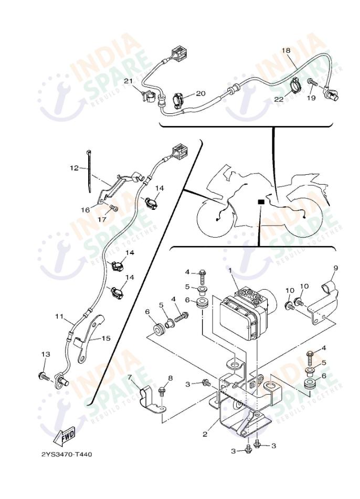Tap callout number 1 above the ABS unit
229,269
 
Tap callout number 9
335,268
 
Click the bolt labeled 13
43,376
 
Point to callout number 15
105,338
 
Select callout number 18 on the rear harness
286,50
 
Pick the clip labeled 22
294,84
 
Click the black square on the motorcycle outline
260,201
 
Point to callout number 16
85,209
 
